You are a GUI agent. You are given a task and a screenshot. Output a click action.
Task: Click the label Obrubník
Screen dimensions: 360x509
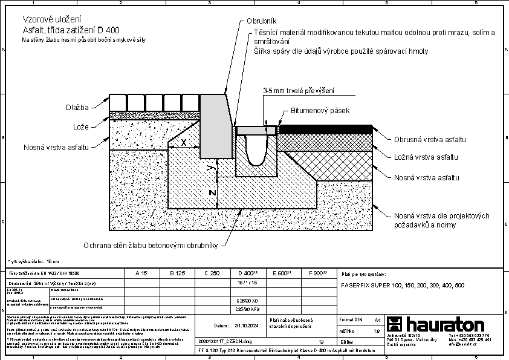261,21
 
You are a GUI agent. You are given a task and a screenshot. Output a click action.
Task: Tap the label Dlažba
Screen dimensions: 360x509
77,108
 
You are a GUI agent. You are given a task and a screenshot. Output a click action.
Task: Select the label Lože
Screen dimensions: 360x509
81,127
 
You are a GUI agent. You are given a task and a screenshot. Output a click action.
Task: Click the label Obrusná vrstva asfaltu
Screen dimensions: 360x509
430,140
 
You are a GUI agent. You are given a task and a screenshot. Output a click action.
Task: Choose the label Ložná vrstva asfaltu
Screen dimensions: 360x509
426,157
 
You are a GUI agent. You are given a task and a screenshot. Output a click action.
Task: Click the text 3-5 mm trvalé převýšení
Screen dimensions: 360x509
298,91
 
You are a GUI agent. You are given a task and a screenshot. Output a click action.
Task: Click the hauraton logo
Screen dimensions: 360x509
436,324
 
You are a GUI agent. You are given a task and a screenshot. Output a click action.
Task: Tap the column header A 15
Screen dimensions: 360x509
141,273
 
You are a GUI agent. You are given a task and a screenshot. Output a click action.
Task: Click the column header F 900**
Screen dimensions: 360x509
317,273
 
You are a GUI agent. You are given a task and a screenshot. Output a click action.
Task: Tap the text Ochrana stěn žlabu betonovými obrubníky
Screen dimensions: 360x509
154,246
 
